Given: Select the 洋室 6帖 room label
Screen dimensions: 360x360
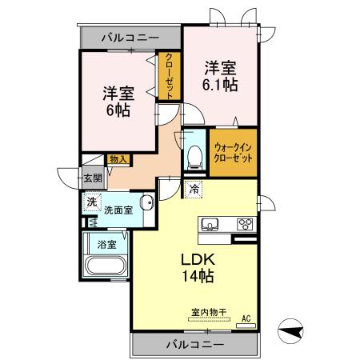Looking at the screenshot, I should [117, 101].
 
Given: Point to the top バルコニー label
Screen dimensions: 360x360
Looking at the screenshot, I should [130, 38].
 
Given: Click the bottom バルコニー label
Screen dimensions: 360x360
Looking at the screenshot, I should [195, 345].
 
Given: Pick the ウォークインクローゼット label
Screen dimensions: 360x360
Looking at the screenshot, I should [234, 152].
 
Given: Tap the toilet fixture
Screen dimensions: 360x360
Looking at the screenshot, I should [194, 157].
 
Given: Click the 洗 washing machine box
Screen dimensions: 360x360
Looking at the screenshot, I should [93, 202].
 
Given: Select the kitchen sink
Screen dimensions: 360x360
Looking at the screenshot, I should [211, 223].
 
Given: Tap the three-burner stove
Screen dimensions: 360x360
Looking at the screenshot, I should [244, 224].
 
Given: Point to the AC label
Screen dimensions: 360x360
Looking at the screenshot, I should [247, 318].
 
